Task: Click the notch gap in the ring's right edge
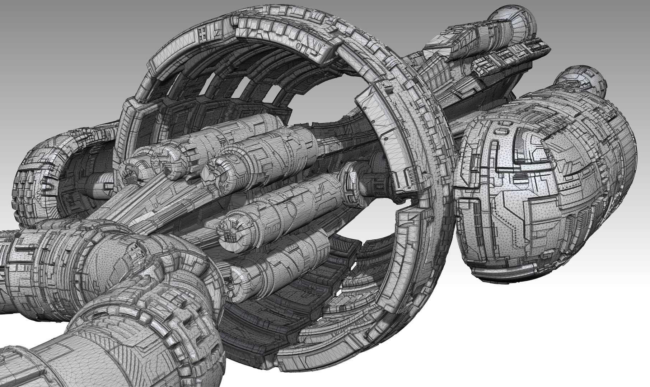pyautogui.click(x=407, y=204)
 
